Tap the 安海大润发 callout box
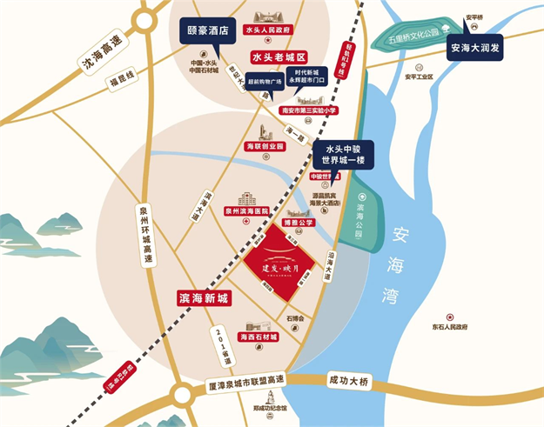pos(477,50)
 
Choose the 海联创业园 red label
pos(265,146)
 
